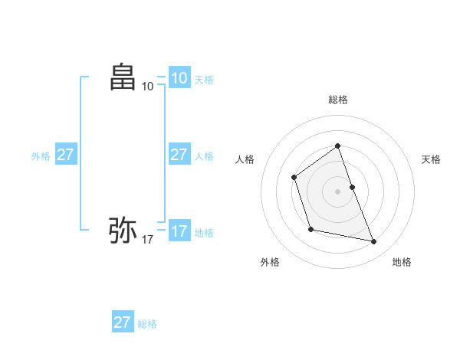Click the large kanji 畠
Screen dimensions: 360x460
click(123, 77)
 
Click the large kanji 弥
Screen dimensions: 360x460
click(123, 229)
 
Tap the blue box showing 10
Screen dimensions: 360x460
click(179, 78)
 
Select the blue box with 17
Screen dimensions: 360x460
click(179, 231)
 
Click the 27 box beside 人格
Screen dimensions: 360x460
click(179, 155)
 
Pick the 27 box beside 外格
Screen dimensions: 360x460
click(66, 155)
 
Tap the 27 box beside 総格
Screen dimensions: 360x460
click(123, 322)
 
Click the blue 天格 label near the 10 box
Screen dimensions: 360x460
click(204, 80)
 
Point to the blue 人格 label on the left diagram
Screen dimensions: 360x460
click(204, 156)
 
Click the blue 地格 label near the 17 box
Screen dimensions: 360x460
click(204, 233)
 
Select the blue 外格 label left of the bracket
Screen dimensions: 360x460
click(41, 156)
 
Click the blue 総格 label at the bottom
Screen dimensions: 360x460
click(147, 324)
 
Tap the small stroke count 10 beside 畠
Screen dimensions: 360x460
click(148, 87)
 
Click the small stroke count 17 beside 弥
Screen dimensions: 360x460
click(148, 240)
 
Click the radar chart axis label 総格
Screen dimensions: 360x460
click(338, 100)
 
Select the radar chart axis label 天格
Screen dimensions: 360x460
click(432, 159)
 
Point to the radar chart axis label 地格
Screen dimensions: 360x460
click(402, 262)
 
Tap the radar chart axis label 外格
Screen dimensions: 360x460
click(270, 262)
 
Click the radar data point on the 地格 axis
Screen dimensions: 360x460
click(374, 242)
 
